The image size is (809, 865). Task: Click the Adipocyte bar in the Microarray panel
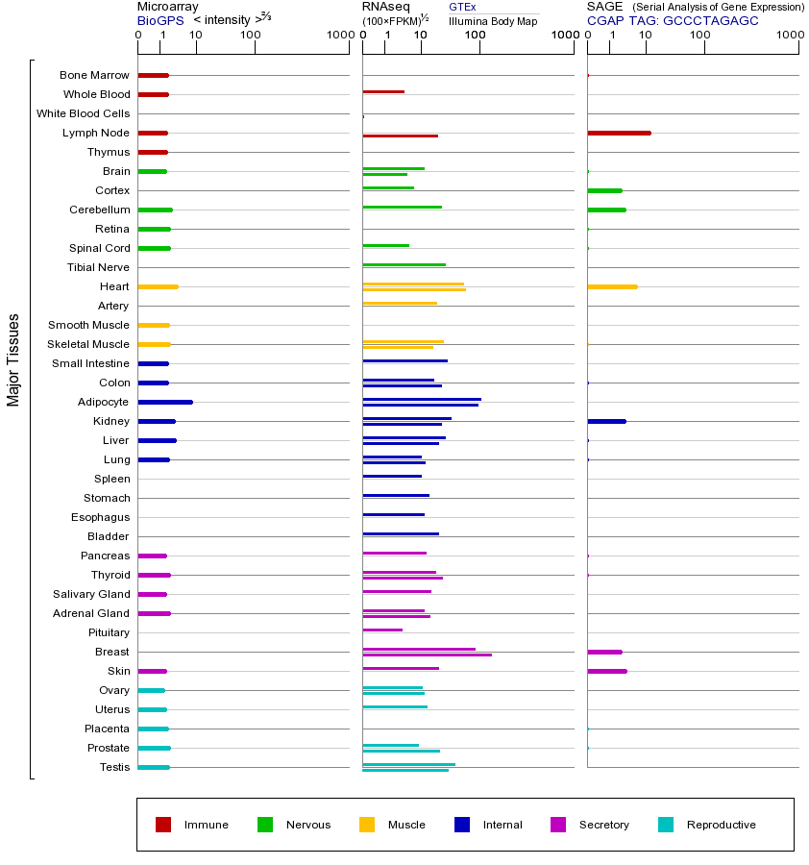[x=165, y=402]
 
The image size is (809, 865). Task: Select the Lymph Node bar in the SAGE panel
[x=619, y=133]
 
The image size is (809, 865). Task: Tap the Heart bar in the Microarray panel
[x=158, y=286]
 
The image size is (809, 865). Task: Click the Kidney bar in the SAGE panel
[x=606, y=421]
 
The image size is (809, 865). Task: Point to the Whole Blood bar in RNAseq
[x=383, y=91]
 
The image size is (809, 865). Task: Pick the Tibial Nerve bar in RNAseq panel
[x=404, y=264]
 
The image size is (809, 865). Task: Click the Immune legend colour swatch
[x=163, y=825]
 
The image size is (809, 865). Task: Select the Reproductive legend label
[x=721, y=825]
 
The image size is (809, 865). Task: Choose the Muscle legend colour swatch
[x=367, y=825]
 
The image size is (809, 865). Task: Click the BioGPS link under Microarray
[x=158, y=19]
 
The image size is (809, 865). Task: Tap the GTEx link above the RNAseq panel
[x=462, y=7]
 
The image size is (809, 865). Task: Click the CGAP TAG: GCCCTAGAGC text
[x=673, y=19]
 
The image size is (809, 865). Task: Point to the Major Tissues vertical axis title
[x=13, y=359]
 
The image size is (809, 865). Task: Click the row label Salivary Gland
[x=92, y=594]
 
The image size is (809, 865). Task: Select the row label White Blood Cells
[x=83, y=113]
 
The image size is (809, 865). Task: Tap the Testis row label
[x=114, y=767]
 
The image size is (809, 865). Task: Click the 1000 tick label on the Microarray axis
[x=338, y=36]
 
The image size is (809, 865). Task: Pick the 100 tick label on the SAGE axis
[x=700, y=36]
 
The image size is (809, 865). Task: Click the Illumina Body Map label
[x=493, y=20]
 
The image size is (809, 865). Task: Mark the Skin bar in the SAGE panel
[x=607, y=671]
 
